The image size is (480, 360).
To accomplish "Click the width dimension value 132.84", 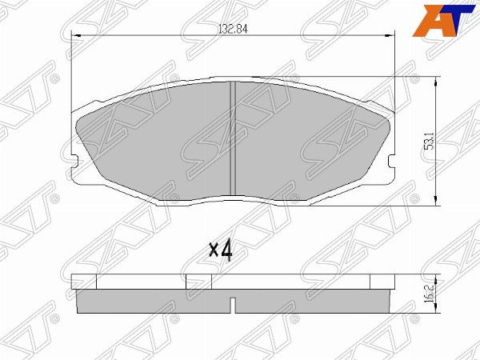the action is (233, 29).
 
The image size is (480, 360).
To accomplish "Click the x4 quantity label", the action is (221, 250).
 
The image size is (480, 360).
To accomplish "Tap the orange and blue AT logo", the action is (444, 21).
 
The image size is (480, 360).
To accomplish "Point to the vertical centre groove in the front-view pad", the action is (233, 138).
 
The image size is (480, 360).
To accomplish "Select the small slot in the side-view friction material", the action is (233, 305).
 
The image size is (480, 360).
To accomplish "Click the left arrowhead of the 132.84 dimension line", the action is (76, 36).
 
